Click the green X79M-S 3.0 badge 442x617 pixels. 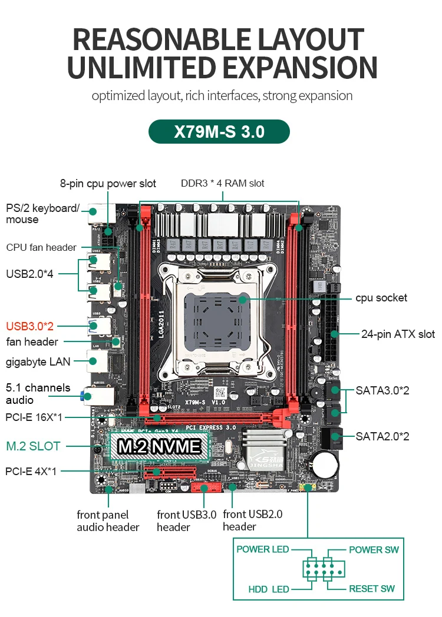(219, 131)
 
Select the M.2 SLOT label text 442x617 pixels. (33, 446)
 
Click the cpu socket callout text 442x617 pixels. (381, 298)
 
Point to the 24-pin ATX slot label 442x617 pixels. (398, 334)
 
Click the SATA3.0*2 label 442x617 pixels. (382, 390)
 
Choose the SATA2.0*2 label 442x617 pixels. (382, 436)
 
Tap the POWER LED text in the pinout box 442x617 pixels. (262, 549)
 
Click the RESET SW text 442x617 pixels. (372, 589)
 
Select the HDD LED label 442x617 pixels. (269, 589)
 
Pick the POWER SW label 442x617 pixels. (374, 549)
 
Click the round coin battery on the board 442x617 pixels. (324, 465)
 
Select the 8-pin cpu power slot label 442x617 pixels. (108, 184)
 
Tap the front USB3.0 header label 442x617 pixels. (187, 520)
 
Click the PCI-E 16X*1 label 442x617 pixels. (34, 417)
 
